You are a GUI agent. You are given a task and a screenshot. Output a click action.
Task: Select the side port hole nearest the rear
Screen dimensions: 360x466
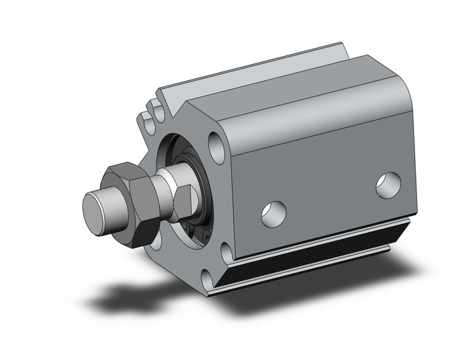[388, 185]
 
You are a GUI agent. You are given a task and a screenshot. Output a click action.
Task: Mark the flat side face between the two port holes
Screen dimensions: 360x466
[331, 196]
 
